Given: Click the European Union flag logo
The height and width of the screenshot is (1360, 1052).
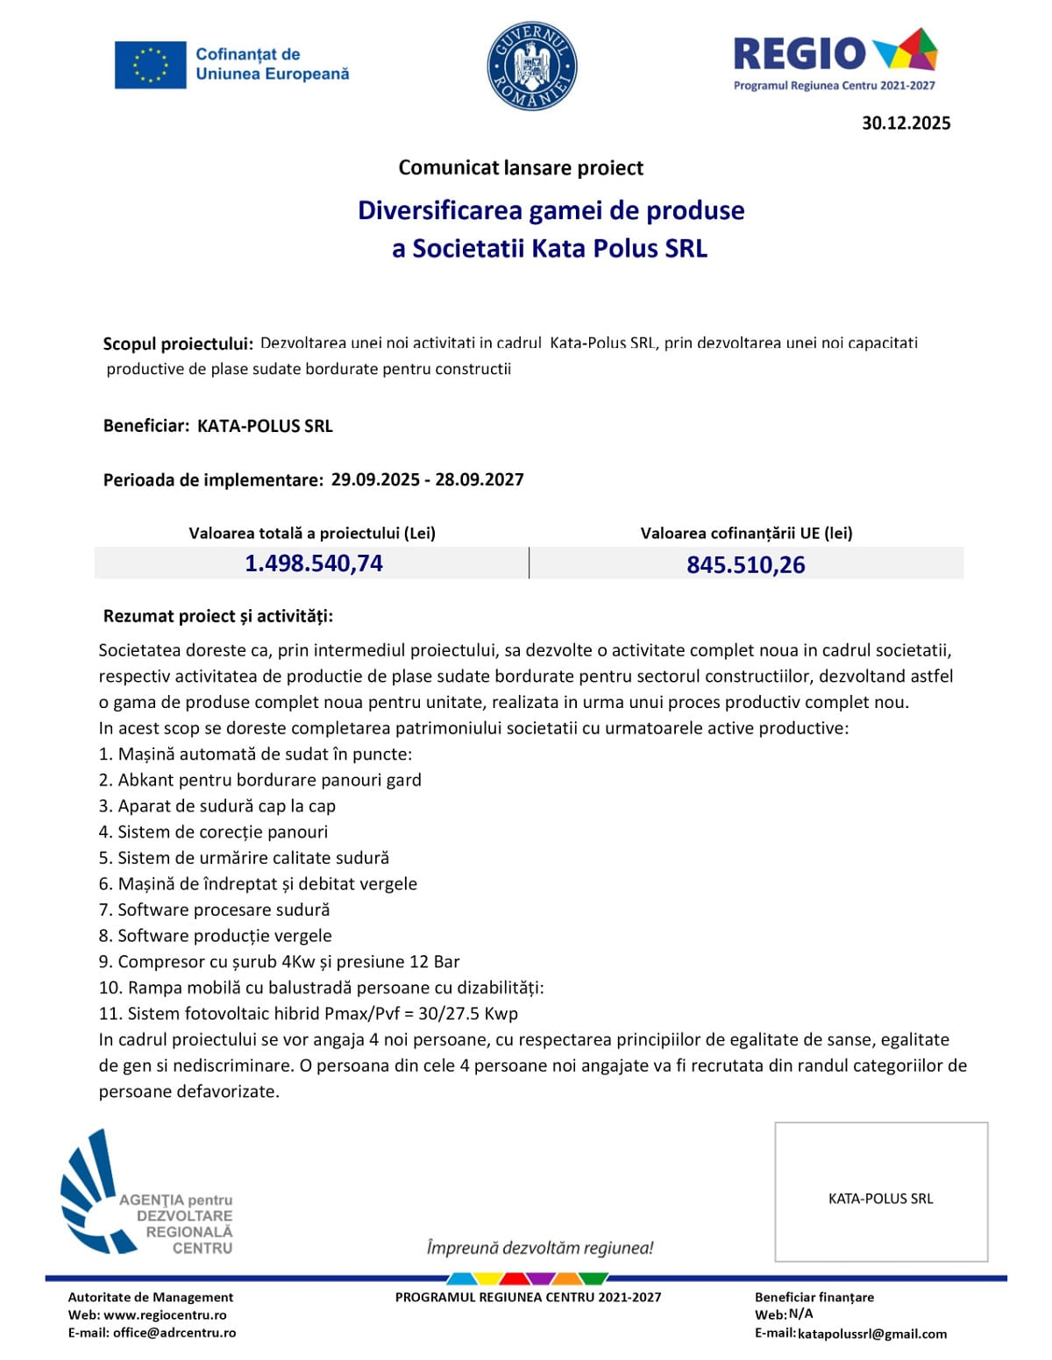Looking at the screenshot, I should tap(150, 65).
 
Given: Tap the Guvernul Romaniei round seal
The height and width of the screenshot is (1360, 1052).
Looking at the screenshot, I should tap(531, 66).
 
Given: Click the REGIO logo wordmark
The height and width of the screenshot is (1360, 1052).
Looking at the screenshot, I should tap(799, 53).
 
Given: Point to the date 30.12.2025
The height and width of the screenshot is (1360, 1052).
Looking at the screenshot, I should tap(906, 124).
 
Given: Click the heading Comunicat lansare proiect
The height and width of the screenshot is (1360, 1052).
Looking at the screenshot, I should tap(521, 167).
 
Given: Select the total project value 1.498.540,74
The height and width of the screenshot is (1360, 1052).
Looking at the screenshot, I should tap(313, 563).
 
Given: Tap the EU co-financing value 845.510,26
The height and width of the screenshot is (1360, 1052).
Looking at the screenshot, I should tap(745, 564).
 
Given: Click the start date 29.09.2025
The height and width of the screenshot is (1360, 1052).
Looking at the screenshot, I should tap(375, 479).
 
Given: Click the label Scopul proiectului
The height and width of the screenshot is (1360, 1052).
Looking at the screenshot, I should tap(178, 344).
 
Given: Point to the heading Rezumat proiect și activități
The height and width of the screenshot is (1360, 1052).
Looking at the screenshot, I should tap(218, 616).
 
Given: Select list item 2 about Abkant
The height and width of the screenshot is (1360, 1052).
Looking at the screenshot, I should tap(260, 780).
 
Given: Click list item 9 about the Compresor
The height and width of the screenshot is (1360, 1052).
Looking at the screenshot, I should tap(280, 961).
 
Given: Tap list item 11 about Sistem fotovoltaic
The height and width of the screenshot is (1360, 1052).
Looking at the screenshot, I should tap(309, 1014).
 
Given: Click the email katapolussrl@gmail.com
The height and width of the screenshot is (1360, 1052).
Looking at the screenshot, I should tap(871, 1334).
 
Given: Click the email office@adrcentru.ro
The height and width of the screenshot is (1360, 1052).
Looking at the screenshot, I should tap(174, 1333).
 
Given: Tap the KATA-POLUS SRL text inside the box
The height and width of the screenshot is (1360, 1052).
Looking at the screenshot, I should tap(880, 1199).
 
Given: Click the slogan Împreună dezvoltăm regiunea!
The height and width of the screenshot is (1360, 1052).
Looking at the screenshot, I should tap(540, 1248).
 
